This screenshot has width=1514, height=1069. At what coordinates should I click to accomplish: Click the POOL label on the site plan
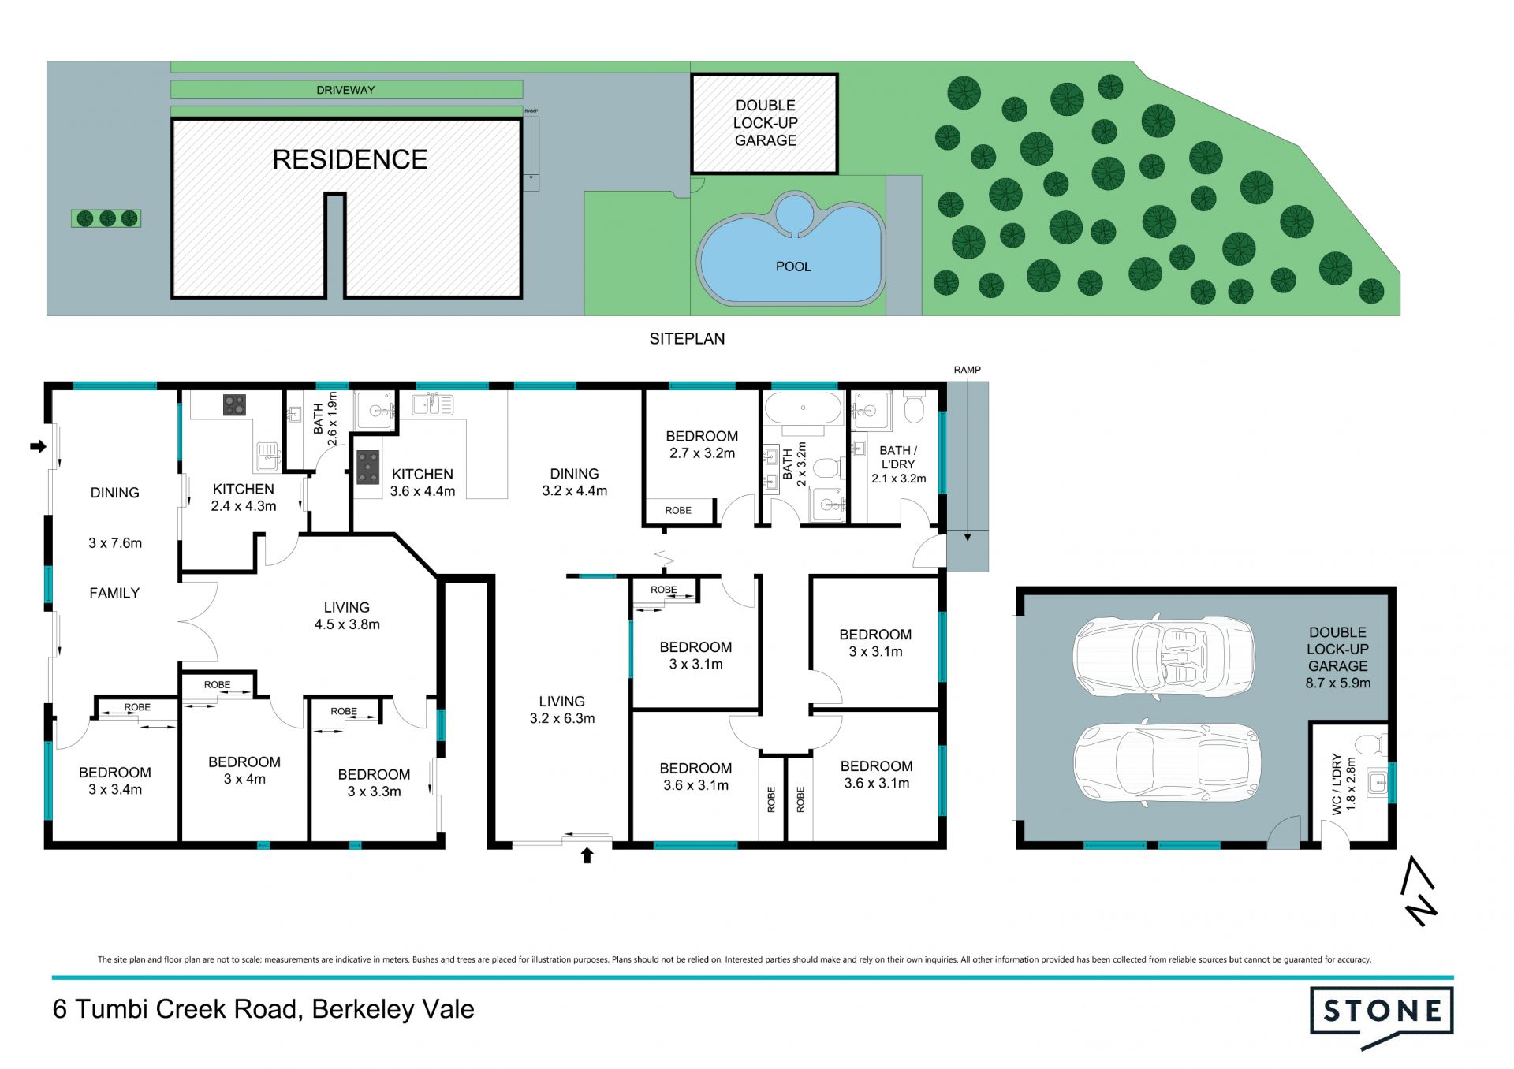(x=793, y=266)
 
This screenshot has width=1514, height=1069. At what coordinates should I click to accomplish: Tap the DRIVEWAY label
(x=345, y=90)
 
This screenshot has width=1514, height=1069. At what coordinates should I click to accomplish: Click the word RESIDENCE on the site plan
(x=350, y=159)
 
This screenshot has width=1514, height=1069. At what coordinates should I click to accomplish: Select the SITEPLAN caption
(x=687, y=338)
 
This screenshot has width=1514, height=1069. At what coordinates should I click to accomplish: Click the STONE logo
(x=1382, y=1016)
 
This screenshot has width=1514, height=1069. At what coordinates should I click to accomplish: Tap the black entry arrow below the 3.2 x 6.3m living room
(x=587, y=855)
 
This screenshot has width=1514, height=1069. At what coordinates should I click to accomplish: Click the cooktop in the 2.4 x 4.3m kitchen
(x=234, y=405)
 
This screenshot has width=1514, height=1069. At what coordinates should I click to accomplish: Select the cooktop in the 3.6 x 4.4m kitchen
(x=367, y=467)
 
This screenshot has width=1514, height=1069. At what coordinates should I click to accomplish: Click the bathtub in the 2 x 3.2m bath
(x=804, y=408)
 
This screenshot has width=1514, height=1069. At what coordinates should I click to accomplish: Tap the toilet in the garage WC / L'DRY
(x=1371, y=743)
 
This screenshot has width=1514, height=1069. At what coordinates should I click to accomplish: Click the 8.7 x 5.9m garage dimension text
(x=1337, y=683)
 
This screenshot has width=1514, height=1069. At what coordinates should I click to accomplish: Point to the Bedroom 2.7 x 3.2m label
(x=702, y=445)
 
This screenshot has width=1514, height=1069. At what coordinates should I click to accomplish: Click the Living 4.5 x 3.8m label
(x=347, y=616)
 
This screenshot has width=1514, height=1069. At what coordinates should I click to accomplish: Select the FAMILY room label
(x=114, y=593)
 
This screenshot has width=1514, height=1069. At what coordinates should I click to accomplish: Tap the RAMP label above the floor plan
(x=967, y=370)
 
